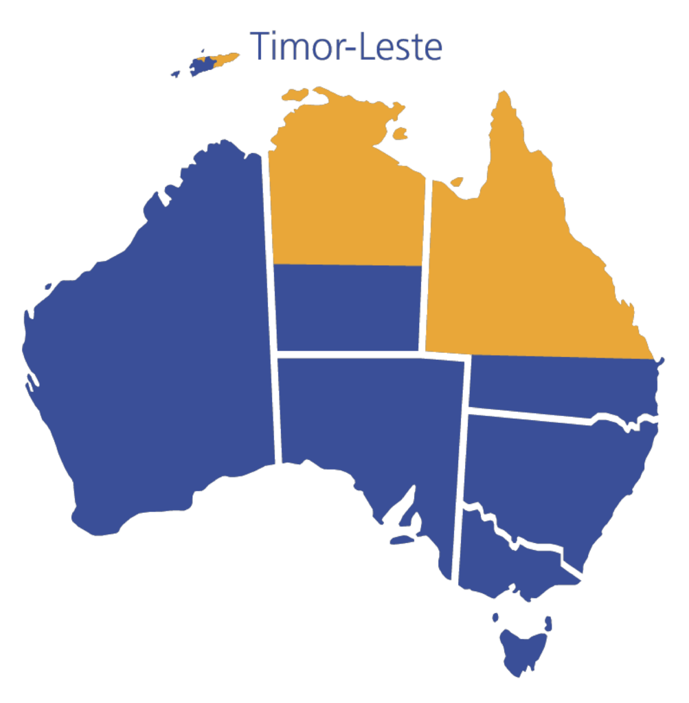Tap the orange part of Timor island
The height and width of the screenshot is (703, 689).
click(224, 60)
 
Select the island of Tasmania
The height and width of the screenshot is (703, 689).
click(523, 649)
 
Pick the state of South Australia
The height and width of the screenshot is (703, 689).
click(371, 426)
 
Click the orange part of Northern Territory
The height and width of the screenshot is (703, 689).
click(343, 199)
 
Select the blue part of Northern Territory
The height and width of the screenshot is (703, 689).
click(347, 309)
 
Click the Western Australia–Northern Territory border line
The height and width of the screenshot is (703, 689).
click(270, 275)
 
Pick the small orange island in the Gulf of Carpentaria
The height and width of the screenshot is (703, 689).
click(456, 181)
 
